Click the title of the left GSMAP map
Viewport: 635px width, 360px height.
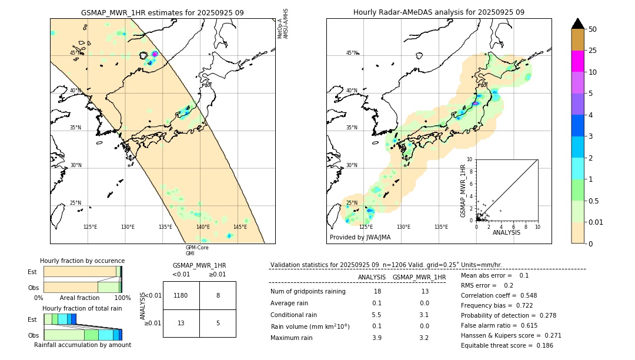tap(162, 12)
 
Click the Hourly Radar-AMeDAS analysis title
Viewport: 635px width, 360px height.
tap(439, 12)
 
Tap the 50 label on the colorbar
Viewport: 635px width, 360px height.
tap(593, 29)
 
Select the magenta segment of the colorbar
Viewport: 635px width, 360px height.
tap(577, 61)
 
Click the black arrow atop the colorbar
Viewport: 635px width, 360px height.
tap(577, 24)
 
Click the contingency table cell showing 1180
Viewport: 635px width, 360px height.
tap(181, 295)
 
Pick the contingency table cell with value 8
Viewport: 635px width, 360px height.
tap(218, 295)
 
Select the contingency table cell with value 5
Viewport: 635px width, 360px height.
tap(218, 323)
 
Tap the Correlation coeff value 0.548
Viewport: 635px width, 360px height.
tap(523, 295)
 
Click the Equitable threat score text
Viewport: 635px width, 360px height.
tap(499, 345)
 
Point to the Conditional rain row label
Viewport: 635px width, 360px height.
tap(294, 315)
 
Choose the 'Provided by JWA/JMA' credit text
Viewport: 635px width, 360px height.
tap(360, 238)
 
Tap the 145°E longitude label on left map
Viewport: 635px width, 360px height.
tap(240, 227)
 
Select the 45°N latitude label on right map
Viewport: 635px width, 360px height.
tap(352, 53)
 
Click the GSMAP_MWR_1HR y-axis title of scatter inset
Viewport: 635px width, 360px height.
tap(463, 191)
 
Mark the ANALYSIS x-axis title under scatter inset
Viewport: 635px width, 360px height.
tap(506, 232)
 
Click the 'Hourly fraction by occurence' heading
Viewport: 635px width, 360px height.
tap(82, 261)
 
